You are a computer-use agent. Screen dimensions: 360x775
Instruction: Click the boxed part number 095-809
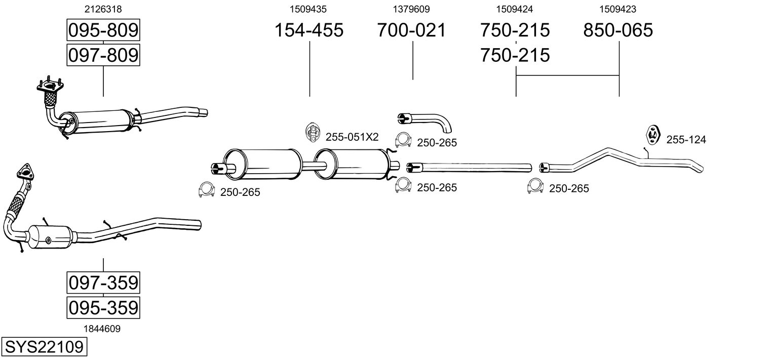(103, 31)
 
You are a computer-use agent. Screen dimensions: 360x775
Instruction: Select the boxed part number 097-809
(103, 55)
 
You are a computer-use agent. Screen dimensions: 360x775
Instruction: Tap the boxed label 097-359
(103, 283)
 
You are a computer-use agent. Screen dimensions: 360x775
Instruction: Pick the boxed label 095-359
(103, 307)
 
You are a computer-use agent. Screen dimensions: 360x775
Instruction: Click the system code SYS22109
(44, 347)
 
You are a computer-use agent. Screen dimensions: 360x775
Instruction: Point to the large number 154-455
(309, 30)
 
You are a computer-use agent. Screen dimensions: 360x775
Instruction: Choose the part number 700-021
(412, 30)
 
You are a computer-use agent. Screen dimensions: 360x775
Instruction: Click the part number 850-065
(618, 30)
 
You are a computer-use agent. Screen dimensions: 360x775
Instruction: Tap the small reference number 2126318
(103, 9)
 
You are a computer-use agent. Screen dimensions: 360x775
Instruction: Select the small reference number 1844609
(103, 329)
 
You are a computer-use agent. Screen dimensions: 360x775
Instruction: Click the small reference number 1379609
(412, 9)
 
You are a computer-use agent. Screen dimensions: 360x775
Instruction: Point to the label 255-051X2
(352, 137)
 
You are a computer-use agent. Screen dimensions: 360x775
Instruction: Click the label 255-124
(686, 140)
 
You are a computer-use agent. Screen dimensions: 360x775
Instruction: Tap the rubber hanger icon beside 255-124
(652, 136)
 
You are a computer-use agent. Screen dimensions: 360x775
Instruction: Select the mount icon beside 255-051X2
(313, 132)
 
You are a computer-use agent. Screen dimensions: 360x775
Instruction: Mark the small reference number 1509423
(618, 9)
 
